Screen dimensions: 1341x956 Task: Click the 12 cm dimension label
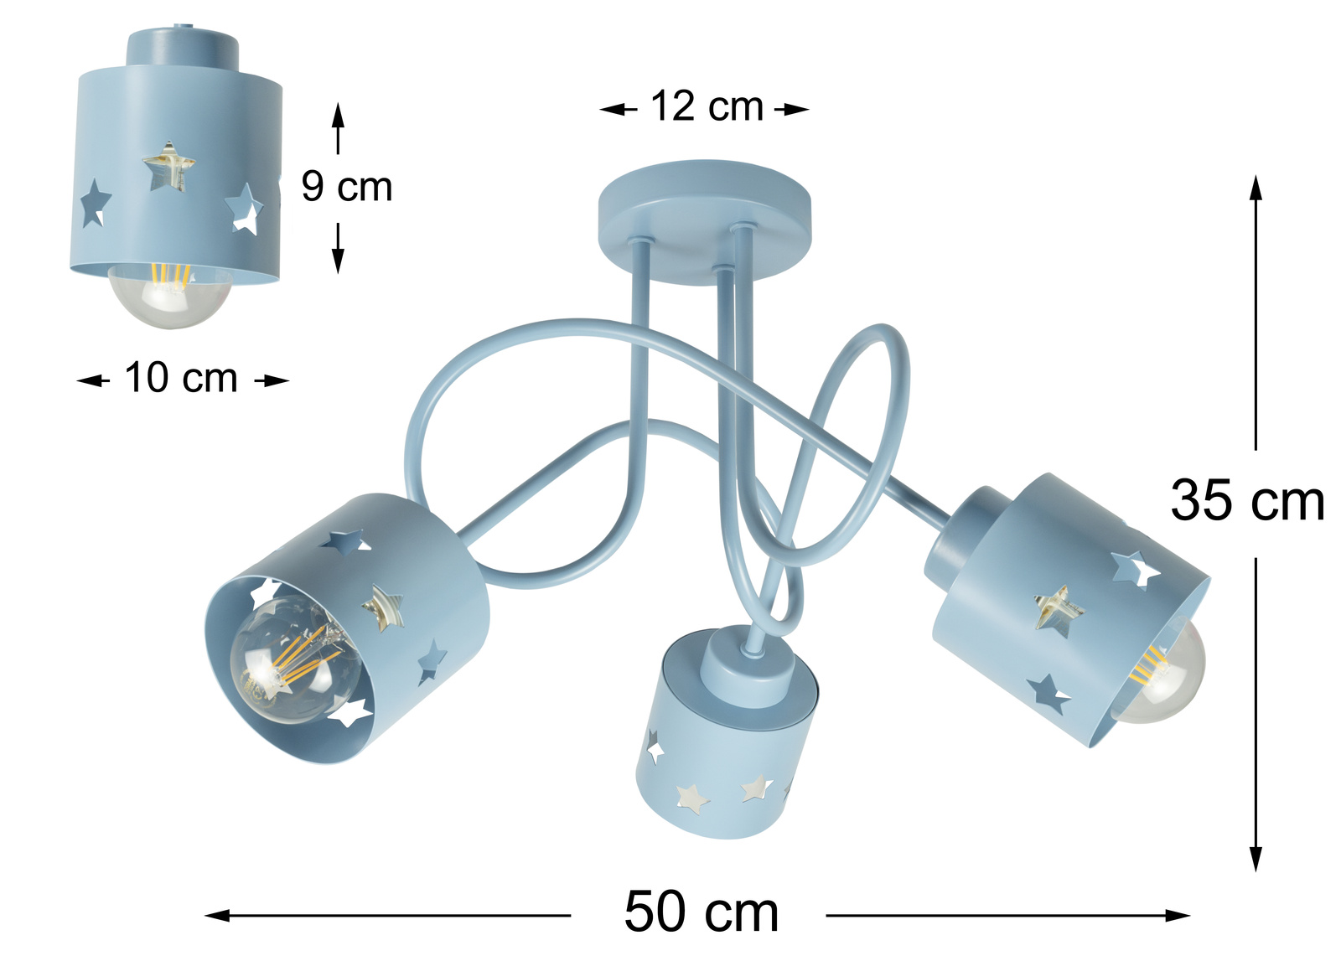707,106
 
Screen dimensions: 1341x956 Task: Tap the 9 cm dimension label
347,186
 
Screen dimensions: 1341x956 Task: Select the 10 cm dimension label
181,379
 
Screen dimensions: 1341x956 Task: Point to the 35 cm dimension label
1247,500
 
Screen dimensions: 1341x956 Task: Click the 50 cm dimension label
701,912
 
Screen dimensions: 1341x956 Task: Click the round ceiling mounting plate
705,220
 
